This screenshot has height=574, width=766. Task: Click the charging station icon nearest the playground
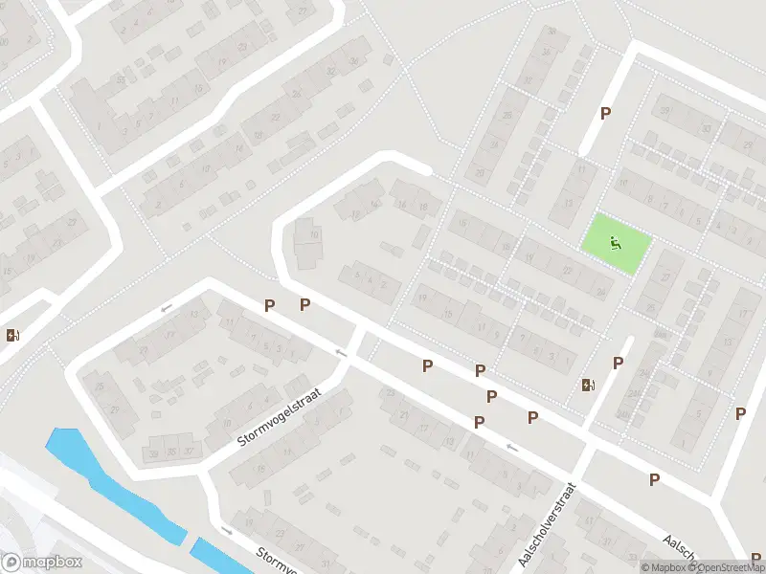coord(587,385)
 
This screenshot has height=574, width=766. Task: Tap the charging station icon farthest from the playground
coord(11,335)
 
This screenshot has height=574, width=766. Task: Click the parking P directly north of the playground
coord(605,113)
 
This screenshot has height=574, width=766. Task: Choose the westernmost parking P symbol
coord(270,305)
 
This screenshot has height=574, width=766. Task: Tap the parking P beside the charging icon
coord(619,363)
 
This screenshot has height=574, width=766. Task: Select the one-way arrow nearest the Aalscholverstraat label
coord(511,446)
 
